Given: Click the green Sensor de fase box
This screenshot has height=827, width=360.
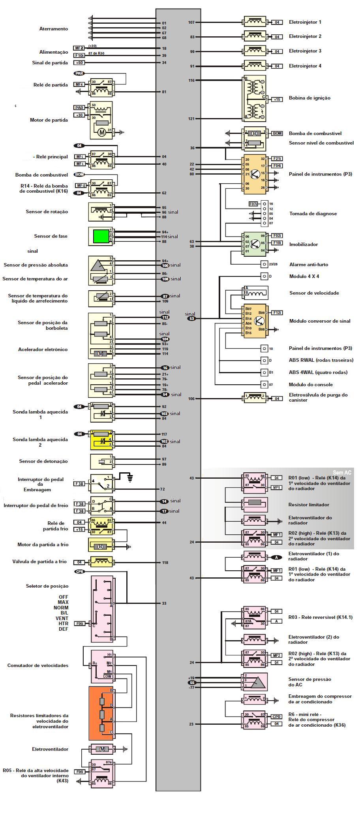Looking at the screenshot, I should (x=100, y=236).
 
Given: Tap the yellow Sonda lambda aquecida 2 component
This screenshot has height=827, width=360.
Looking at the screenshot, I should (x=102, y=440).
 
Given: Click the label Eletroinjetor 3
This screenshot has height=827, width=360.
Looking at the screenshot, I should (x=305, y=51).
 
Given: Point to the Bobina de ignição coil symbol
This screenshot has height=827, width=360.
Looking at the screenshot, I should (x=255, y=98).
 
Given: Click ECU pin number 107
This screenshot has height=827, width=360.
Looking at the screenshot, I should (x=192, y=23).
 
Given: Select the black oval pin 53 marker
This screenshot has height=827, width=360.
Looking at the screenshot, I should (x=192, y=318).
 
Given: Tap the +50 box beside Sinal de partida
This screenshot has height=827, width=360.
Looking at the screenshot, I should (x=79, y=63).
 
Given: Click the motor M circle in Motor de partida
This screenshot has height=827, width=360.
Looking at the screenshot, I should (x=102, y=132).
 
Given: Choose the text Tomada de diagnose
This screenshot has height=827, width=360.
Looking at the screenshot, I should (x=313, y=214).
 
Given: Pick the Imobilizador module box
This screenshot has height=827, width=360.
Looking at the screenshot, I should (x=255, y=244).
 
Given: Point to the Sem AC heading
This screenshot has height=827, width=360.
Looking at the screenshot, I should (x=342, y=472).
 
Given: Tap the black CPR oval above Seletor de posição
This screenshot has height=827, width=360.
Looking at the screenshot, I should (x=79, y=571).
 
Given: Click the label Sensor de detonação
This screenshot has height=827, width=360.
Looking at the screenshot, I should (x=43, y=461).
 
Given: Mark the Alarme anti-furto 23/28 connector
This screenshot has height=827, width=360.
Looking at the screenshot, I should (x=264, y=264).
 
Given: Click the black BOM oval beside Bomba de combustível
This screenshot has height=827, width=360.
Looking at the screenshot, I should (x=79, y=174).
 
